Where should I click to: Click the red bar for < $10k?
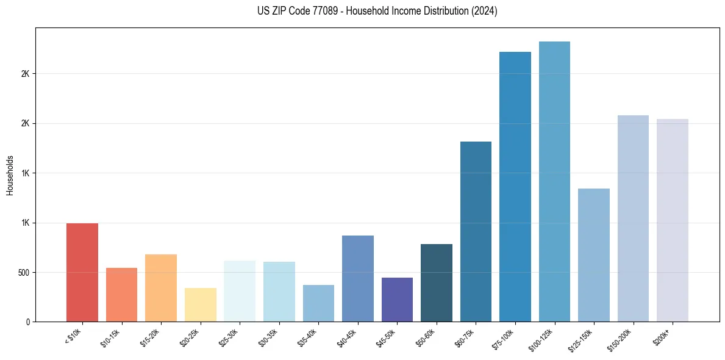(82, 272)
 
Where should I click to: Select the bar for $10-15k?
(121, 295)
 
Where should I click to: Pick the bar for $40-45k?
(358, 278)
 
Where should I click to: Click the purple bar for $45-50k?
(397, 300)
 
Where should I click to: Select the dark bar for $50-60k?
(437, 283)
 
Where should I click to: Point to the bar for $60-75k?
(476, 231)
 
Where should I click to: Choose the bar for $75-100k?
(515, 187)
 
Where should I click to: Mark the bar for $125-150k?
(594, 255)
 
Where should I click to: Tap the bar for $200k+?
(673, 220)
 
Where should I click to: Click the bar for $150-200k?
(633, 218)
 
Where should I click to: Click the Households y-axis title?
(10, 175)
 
